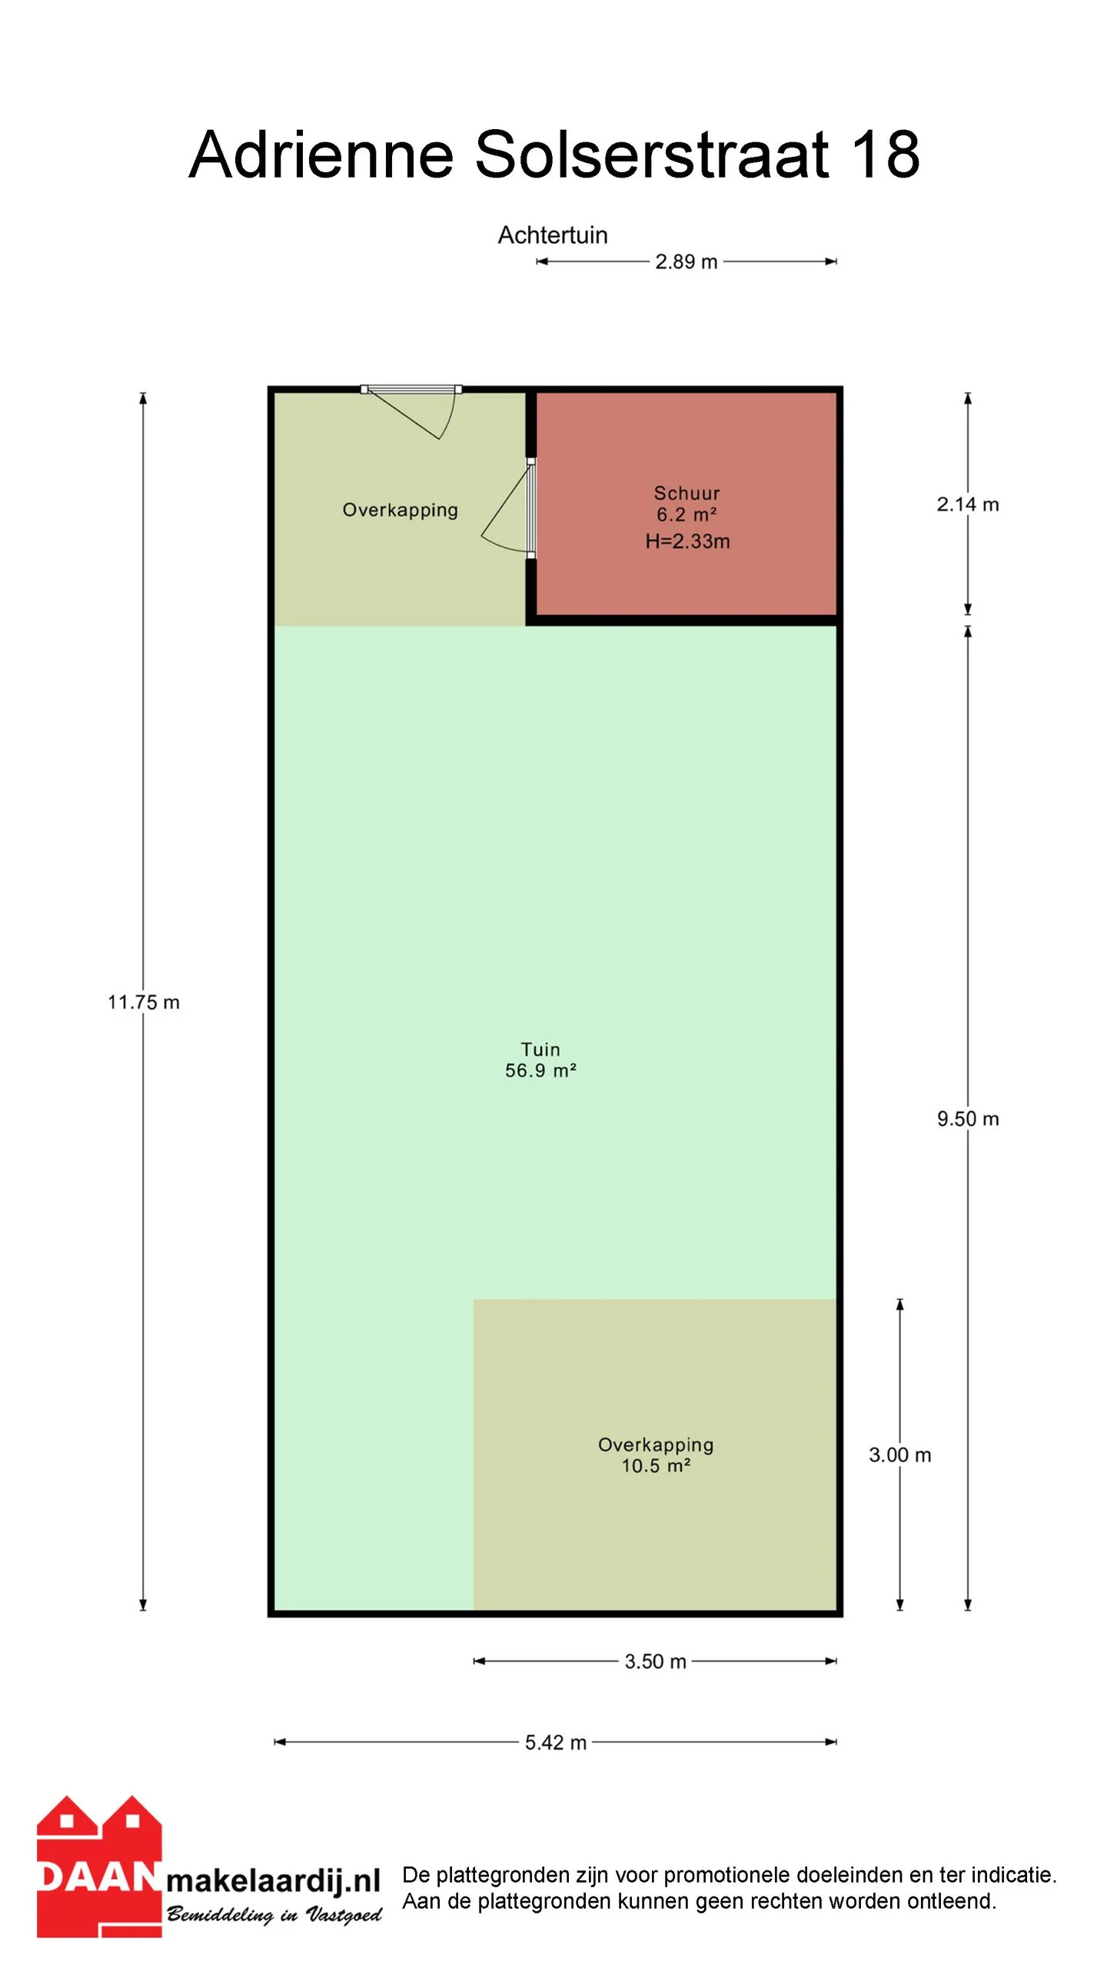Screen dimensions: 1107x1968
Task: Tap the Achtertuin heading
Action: click(552, 234)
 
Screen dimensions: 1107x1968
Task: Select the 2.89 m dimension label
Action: click(686, 262)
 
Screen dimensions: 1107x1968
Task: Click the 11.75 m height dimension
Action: click(144, 1002)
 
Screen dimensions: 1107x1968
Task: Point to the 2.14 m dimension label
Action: click(967, 504)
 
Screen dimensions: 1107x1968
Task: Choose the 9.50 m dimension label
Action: click(967, 1119)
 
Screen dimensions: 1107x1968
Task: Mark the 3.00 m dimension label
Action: click(899, 1455)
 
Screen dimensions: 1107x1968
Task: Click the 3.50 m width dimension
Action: click(655, 1662)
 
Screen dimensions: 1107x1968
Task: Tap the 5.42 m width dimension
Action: click(555, 1743)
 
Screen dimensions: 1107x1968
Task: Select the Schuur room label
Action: click(686, 494)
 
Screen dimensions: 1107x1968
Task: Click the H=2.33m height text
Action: click(687, 541)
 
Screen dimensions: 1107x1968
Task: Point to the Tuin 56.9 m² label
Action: click(540, 1060)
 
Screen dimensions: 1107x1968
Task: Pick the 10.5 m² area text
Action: click(656, 1466)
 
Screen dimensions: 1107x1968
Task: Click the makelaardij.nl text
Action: click(274, 1881)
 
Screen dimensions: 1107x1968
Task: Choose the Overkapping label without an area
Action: click(400, 510)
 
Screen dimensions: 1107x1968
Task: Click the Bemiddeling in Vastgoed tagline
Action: click(274, 1915)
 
